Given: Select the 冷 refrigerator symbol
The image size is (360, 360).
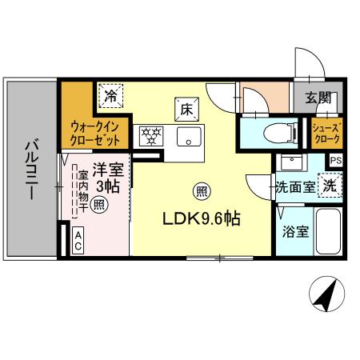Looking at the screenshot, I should point(110,97).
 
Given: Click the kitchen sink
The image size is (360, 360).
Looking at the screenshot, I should point(190,135).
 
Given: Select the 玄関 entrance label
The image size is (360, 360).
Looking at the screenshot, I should point(318,98).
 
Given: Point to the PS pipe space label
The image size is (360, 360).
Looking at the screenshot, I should point(335,160).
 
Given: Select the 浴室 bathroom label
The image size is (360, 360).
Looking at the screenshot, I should point(294,233).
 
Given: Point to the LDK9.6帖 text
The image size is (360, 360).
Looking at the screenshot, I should point(203,217).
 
